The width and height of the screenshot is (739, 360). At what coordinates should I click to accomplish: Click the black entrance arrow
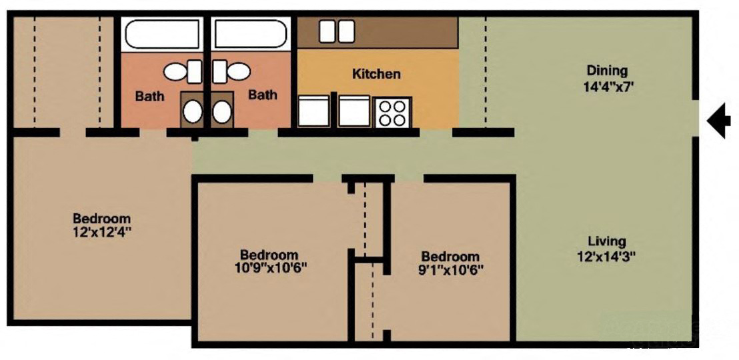click(718, 123)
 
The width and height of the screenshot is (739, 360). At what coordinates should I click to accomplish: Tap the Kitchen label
click(376, 74)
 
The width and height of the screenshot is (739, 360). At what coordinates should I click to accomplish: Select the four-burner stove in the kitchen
click(393, 112)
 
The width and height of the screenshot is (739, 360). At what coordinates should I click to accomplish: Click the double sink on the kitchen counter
click(336, 31)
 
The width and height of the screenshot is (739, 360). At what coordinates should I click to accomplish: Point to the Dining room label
click(607, 70)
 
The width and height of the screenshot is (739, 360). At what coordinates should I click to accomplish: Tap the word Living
click(607, 241)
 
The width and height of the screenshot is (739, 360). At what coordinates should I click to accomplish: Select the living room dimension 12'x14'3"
click(607, 257)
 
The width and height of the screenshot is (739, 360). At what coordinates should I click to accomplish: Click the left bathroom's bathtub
click(163, 33)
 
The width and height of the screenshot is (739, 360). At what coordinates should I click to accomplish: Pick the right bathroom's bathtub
click(250, 33)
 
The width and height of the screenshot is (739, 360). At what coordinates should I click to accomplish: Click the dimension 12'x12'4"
click(101, 233)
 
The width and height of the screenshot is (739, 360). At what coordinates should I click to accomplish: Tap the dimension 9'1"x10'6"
click(450, 270)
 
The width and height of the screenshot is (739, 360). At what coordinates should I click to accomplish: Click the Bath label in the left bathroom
click(149, 96)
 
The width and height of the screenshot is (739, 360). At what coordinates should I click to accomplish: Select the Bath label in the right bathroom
click(263, 95)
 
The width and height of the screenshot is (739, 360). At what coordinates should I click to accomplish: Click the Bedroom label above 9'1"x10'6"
click(450, 257)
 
